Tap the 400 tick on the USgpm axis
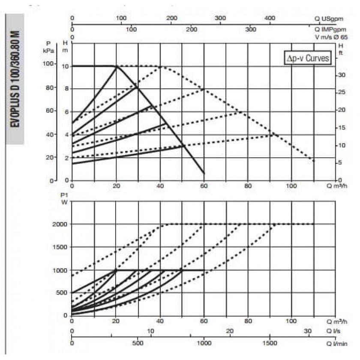[x=270, y=18]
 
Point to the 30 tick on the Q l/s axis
[x=307, y=331]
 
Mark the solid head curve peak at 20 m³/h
[x=116, y=66]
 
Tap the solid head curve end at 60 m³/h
[x=204, y=173]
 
